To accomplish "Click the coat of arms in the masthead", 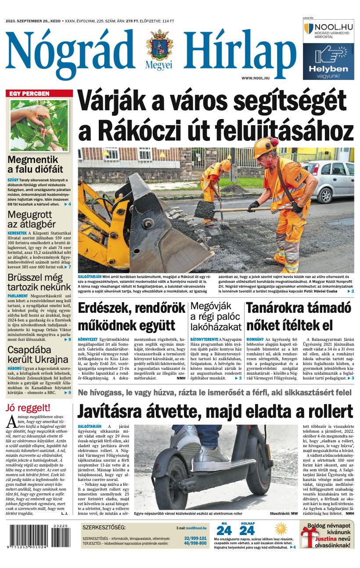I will tap(160, 46).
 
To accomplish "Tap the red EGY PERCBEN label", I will tap(40, 94).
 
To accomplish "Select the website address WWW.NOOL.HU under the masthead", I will tap(255, 78).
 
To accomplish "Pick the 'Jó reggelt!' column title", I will tap(27, 408).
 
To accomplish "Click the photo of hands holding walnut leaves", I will tap(39, 125).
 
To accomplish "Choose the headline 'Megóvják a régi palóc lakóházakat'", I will tap(216, 316).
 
